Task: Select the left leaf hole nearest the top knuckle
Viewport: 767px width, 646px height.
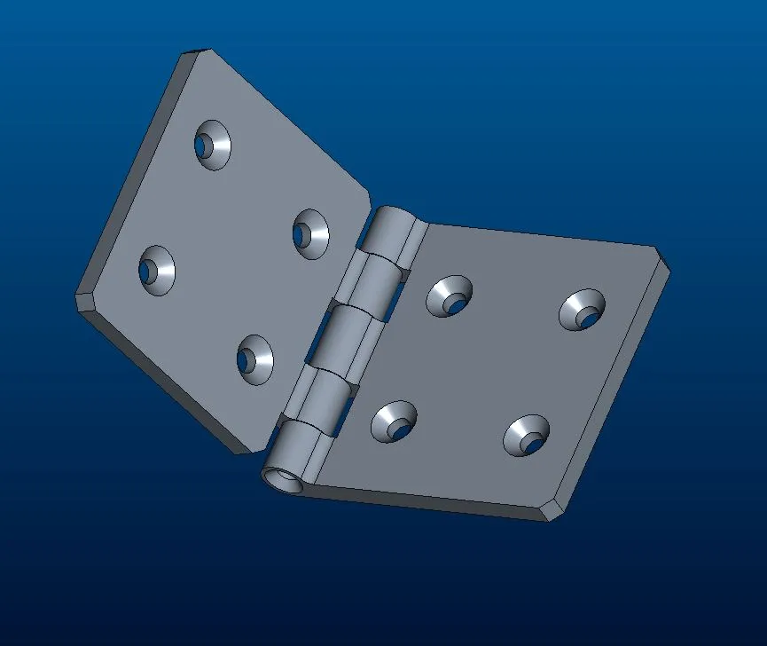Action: click(309, 234)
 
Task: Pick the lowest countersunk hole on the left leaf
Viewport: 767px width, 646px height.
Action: click(254, 359)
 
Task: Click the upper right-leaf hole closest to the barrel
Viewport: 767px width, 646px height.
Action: click(450, 296)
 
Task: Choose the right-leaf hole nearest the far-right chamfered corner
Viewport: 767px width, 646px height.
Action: click(582, 310)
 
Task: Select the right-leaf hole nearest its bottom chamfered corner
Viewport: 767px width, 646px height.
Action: click(526, 436)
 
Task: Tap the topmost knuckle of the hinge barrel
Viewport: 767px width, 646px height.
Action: click(390, 234)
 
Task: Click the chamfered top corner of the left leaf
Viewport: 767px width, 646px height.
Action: click(197, 56)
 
